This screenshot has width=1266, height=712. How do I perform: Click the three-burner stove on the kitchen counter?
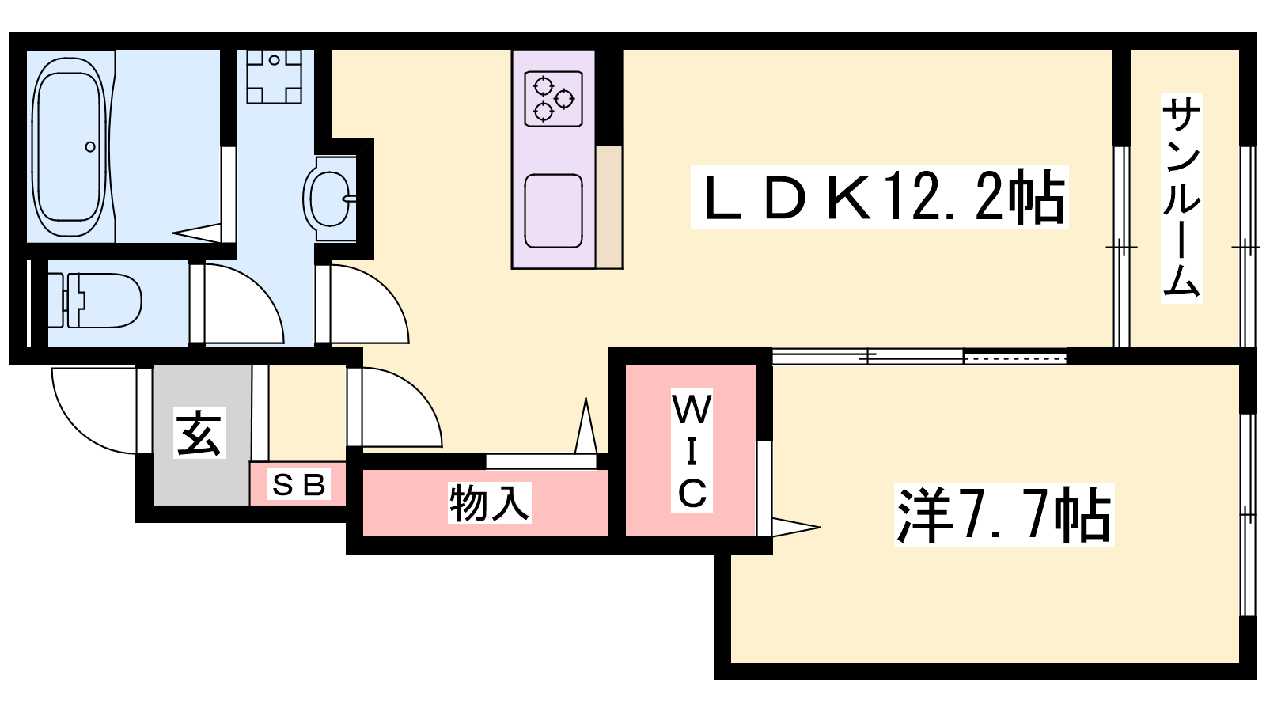coord(553,98)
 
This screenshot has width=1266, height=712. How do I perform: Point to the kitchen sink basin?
coord(553,211)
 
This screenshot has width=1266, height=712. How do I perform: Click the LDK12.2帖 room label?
coord(879,197)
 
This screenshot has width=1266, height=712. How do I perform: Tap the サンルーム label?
coord(1181,198)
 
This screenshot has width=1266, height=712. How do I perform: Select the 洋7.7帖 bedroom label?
coord(1004,515)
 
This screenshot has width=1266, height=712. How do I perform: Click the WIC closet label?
coord(692,450)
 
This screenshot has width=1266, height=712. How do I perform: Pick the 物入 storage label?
coord(490,502)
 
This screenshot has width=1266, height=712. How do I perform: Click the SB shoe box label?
coord(299,484)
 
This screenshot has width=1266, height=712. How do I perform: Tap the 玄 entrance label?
coord(199,432)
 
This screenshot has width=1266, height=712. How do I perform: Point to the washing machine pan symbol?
coord(274,76)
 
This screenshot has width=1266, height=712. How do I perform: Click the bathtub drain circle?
coord(90,147)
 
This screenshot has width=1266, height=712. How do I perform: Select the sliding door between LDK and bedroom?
coord(919,357)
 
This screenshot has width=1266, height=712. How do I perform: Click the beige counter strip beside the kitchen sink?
coord(608,206)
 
